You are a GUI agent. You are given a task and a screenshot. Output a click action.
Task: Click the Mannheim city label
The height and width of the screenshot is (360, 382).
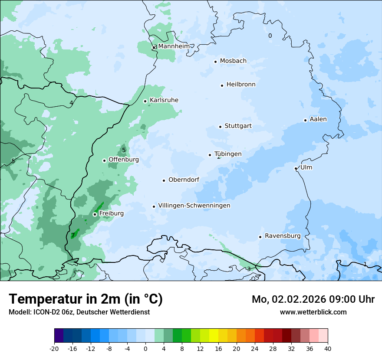click(x=174, y=46)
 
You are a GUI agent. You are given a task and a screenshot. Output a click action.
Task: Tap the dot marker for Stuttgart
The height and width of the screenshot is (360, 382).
click(x=220, y=127)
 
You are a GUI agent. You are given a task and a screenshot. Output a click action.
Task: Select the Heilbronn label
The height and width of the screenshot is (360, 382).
click(x=241, y=85)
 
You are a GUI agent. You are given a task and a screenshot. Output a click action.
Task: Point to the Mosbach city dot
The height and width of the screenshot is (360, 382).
click(x=215, y=62)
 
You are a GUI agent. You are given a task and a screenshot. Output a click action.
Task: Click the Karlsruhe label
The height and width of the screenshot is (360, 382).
click(x=164, y=100)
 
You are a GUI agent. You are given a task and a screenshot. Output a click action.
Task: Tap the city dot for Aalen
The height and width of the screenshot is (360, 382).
click(x=305, y=120)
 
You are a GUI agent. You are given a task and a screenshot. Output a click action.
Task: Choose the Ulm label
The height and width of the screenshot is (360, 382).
click(x=306, y=167)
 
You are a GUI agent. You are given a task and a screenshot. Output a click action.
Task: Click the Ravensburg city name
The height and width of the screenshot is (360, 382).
click(x=283, y=236)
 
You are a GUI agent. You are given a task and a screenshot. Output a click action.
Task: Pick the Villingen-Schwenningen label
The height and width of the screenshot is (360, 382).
click(x=194, y=206)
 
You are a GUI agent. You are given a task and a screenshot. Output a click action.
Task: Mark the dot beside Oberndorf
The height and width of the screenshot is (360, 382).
click(x=164, y=180)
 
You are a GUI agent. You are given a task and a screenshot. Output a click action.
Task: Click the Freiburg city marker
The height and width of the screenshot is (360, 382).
click(x=95, y=214)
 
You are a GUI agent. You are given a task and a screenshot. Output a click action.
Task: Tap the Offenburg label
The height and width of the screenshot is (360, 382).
click(x=124, y=160)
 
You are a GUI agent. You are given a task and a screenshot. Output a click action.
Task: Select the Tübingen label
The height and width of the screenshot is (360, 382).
click(x=228, y=154)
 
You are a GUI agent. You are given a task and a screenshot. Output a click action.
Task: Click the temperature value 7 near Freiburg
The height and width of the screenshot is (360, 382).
click(x=72, y=235)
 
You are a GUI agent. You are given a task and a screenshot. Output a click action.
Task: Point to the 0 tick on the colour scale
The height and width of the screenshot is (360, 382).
click(x=145, y=349)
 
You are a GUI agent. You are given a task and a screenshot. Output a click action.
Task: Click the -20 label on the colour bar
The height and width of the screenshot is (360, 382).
click(x=54, y=349)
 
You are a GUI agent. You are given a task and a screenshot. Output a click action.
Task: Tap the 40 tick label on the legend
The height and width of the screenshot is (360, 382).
click(x=328, y=349)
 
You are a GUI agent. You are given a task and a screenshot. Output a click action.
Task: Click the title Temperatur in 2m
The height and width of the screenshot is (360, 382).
click(x=86, y=299)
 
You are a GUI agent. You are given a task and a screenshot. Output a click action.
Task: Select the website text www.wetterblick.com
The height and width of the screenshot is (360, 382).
click(x=313, y=312)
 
